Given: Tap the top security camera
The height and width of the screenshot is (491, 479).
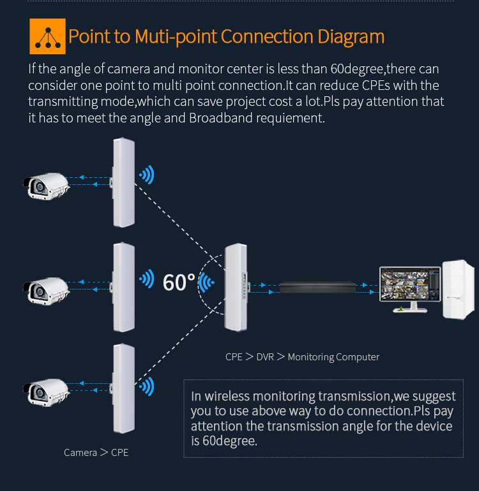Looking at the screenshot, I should [x=46, y=184].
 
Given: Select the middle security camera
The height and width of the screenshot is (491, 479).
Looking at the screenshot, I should [x=46, y=289].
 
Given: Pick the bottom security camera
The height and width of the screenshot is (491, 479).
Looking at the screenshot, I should [x=46, y=390].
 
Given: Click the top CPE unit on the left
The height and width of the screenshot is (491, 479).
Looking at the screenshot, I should [x=123, y=181].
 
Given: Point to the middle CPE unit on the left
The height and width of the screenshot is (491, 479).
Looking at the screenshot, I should [x=123, y=286].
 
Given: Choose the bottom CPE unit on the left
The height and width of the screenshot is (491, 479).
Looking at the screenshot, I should [x=123, y=388].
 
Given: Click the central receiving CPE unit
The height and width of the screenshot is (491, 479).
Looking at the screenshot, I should [x=234, y=289].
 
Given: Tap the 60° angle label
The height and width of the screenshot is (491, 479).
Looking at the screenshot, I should [x=179, y=282].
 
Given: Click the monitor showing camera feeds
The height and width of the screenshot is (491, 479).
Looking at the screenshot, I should [x=406, y=287].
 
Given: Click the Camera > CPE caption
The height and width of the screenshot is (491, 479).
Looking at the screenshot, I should [x=96, y=452].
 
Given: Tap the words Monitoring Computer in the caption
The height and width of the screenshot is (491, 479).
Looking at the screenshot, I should [x=333, y=357].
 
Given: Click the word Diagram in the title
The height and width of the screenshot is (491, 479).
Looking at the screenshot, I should [x=351, y=36].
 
